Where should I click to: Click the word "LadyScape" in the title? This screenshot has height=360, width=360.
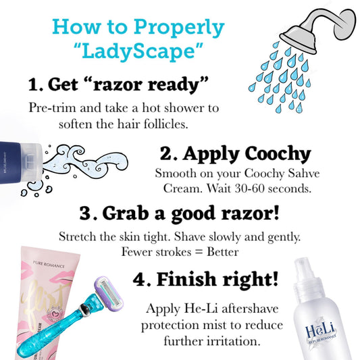click(139, 51)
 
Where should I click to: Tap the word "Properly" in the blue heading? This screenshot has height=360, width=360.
click(179, 28)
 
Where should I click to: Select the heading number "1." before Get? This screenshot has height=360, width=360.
click(36, 84)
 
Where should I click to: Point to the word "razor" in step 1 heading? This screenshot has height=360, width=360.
click(119, 85)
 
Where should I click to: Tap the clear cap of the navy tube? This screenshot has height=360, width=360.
click(31, 162)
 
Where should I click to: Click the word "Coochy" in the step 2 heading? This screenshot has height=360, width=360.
click(278, 153)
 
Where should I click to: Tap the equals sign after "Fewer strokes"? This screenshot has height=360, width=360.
click(199, 252)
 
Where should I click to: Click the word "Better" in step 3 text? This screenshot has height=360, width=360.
click(223, 252)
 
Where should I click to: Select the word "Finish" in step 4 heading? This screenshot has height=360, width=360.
click(186, 279)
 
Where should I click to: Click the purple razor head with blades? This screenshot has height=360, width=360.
click(109, 292)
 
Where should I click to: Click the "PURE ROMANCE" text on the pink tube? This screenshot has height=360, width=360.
click(49, 265)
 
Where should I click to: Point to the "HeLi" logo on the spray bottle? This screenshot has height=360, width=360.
click(320, 330)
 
